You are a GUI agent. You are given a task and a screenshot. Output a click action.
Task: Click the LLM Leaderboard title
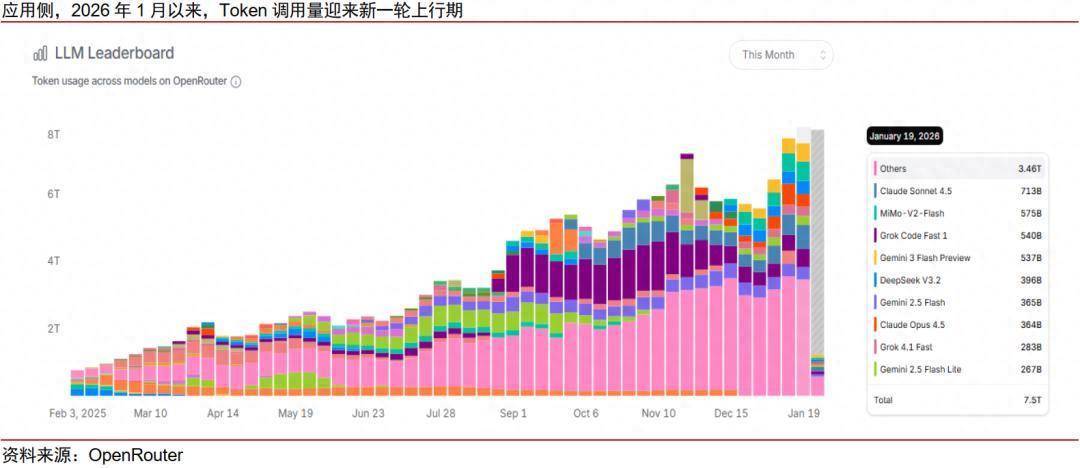click(114, 53)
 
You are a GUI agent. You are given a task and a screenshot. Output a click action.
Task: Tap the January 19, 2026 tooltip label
click(904, 136)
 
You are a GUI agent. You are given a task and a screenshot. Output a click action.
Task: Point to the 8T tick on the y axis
click(54, 134)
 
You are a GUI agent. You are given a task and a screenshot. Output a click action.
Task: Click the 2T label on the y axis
click(54, 328)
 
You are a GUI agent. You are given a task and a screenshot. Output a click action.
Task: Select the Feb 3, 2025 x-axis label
click(78, 413)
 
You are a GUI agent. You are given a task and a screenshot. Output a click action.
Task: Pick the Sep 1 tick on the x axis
click(513, 413)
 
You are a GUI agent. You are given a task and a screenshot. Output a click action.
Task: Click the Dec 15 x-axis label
click(731, 413)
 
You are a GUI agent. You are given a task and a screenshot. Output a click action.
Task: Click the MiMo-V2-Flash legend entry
click(911, 213)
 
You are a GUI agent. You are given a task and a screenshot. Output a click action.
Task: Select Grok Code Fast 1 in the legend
click(913, 236)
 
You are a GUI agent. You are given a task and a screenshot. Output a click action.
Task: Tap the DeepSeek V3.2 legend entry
click(909, 280)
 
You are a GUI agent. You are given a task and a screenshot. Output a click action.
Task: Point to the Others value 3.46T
click(1030, 169)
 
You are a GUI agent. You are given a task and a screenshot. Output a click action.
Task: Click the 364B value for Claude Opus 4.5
click(1031, 325)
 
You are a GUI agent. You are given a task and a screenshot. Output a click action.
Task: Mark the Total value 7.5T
click(1033, 400)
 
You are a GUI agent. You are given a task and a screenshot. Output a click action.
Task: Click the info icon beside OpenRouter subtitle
click(236, 82)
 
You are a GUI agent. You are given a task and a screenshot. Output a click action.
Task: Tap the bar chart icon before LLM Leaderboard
click(41, 54)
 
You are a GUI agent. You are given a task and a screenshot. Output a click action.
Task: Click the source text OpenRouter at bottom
click(136, 456)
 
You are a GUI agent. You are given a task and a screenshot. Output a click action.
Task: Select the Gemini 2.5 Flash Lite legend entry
click(920, 369)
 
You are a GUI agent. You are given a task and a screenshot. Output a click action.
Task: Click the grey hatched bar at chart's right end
click(817, 240)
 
